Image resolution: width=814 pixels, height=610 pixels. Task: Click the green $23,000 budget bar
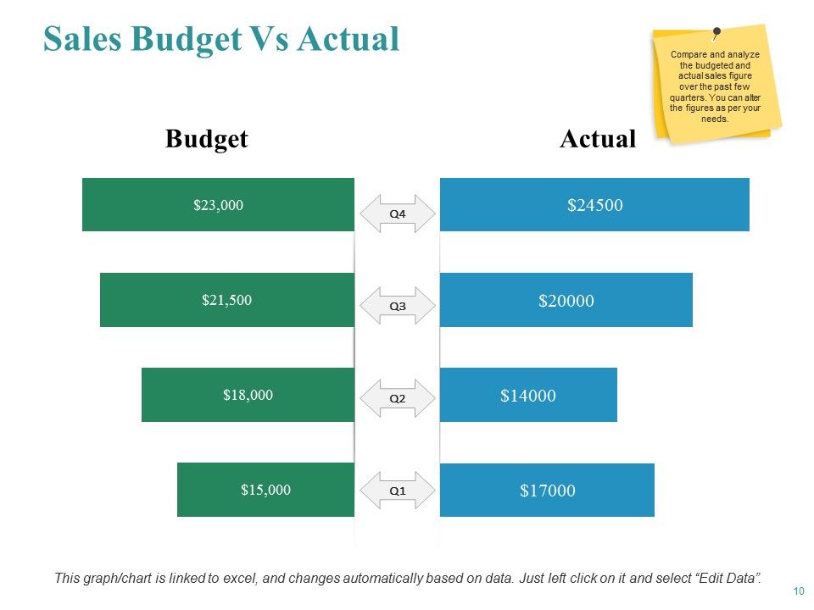pos(218,204)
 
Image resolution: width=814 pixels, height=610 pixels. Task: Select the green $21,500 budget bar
pos(227,300)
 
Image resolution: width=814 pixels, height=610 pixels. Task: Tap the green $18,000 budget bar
pos(248,395)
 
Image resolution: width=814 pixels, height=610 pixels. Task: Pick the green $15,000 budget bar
pos(265,490)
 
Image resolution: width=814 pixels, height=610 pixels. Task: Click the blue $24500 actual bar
pos(594,204)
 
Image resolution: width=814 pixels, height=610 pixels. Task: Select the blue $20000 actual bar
pos(566,300)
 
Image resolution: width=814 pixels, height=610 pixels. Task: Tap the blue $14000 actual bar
pos(528,395)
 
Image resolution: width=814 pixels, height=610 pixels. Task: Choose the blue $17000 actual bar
pos(547,491)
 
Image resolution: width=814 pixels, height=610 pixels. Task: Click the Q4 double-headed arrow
pos(398,213)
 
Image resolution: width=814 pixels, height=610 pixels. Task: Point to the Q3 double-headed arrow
pos(398,306)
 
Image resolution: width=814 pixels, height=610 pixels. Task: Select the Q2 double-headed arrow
pos(398,398)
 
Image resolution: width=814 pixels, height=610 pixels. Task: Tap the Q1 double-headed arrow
pos(398,491)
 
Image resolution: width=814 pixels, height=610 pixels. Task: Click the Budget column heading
pos(207,139)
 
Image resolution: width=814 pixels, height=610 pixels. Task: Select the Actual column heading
pos(598,138)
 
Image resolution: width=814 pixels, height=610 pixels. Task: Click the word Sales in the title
pos(82,38)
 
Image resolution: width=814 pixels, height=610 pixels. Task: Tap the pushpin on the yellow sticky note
pos(716,33)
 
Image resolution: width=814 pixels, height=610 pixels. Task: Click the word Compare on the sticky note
pos(689,54)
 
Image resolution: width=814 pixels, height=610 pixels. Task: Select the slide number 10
pos(799,591)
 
